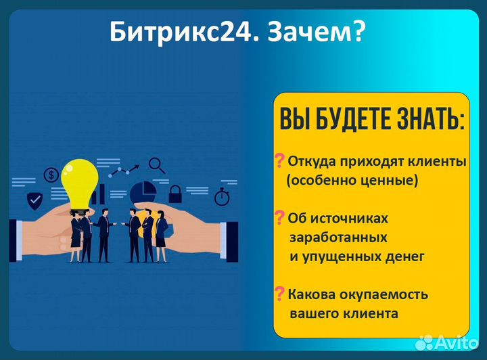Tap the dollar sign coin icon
pyautogui.click(x=51, y=175)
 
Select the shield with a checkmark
pyautogui.click(x=34, y=200)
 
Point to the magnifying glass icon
pyautogui.click(x=157, y=164)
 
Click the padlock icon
pyautogui.click(x=175, y=194)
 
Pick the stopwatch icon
pyautogui.click(x=222, y=197)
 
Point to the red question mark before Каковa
pyautogui.click(x=279, y=294)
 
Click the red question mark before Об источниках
pyautogui.click(x=279, y=218)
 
